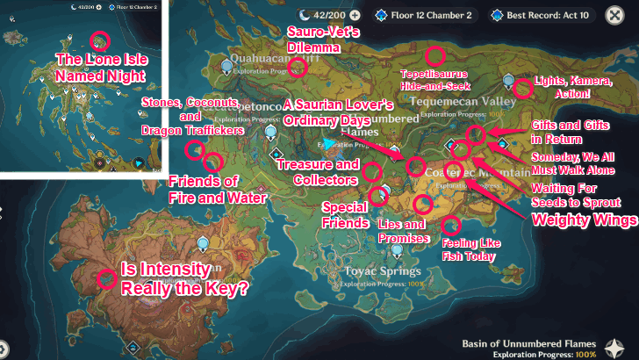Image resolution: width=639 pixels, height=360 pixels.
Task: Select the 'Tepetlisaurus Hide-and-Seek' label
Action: (435, 79)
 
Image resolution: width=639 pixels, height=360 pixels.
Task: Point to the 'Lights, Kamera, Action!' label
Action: (574, 87)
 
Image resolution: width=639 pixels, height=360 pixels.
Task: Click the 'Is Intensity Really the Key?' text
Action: (183, 277)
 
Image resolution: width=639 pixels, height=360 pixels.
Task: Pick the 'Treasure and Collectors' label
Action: (318, 171)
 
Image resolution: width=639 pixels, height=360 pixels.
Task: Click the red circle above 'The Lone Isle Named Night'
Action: (100, 40)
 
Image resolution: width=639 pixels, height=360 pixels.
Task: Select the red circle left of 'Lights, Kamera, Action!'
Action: (523, 88)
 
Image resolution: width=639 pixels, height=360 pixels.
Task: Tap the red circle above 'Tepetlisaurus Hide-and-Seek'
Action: (435, 54)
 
